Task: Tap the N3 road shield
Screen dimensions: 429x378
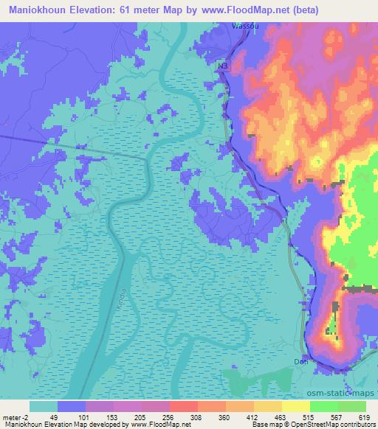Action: (x=223, y=66)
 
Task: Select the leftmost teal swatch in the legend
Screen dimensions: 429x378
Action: (x=44, y=406)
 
